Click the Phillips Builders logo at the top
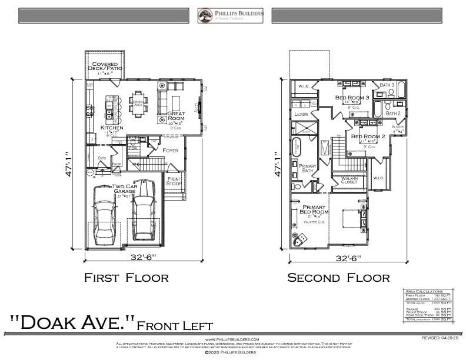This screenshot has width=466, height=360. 230,15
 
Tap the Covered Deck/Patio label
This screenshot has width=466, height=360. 104,66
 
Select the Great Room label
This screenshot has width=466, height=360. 176,116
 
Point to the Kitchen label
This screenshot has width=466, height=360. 112,128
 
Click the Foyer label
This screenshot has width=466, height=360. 170,151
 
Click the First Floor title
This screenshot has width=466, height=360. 127,278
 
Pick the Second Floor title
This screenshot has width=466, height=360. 338,278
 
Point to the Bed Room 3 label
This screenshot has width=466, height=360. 352,97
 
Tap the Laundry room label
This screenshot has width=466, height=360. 301,114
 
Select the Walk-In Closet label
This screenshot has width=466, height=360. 349,180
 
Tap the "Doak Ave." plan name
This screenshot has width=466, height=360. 72,323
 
